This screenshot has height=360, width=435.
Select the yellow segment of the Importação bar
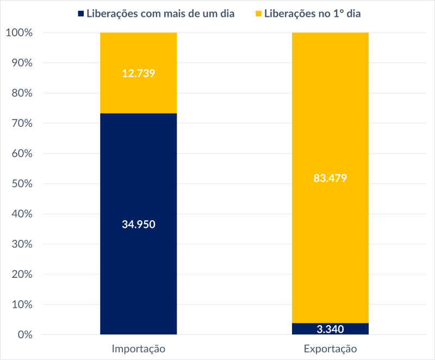tap(139, 92)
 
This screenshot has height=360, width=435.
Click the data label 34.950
tap(139, 224)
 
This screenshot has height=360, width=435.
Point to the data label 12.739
tap(139, 73)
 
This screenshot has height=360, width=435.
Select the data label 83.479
tap(330, 178)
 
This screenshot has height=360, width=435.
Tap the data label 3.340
tap(330, 330)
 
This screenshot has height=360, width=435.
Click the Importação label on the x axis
tap(138, 348)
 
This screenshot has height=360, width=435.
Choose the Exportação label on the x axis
tap(330, 348)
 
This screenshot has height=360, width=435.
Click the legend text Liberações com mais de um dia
tap(160, 14)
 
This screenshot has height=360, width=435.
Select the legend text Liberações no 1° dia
tap(313, 14)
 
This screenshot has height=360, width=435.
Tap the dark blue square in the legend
tap(81, 14)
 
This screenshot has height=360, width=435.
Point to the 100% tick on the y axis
tap(20, 33)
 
